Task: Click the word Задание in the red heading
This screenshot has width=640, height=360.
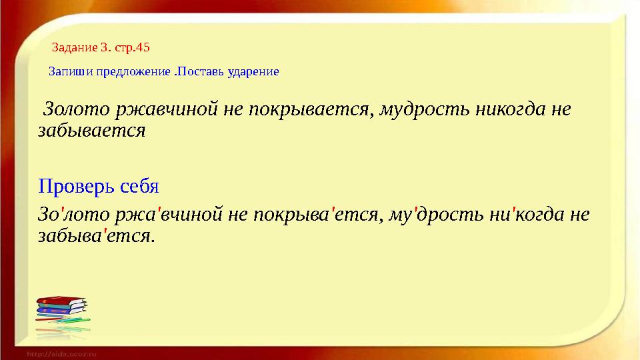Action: click(x=75, y=47)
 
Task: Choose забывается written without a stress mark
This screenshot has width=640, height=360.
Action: click(x=92, y=130)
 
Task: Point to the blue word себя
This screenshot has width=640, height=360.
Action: click(x=141, y=185)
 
